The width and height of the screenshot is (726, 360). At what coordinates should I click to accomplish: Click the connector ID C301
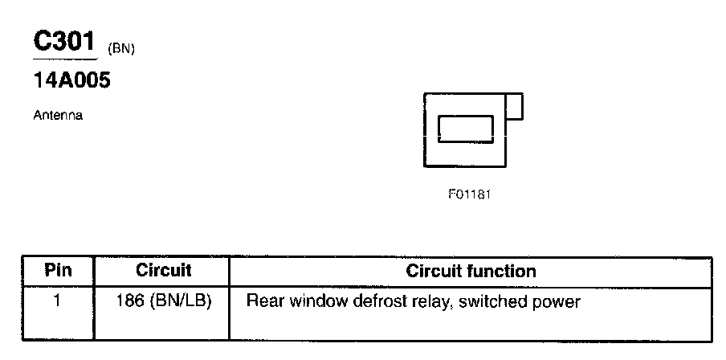click(64, 43)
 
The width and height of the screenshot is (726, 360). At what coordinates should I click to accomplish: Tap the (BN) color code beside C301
click(120, 50)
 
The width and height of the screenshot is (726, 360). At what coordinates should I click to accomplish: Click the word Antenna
click(58, 116)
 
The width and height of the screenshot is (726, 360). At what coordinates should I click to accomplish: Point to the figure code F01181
click(469, 195)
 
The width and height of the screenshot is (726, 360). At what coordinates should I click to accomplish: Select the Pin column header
click(58, 271)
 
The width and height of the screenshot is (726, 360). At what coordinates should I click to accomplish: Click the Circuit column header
click(163, 271)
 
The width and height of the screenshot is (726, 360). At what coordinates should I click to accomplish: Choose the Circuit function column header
click(471, 271)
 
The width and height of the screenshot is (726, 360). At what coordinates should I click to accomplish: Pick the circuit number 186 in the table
click(128, 303)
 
